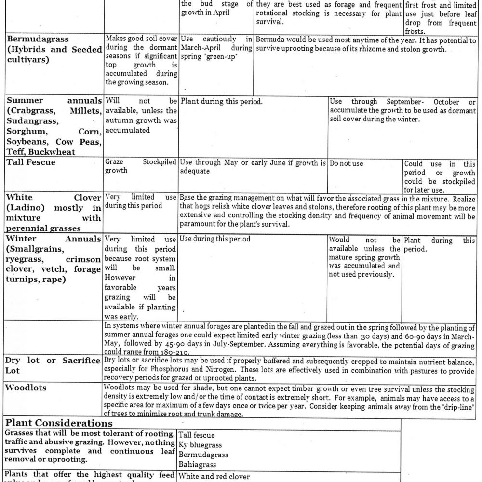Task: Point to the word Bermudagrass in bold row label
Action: (37, 39)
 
